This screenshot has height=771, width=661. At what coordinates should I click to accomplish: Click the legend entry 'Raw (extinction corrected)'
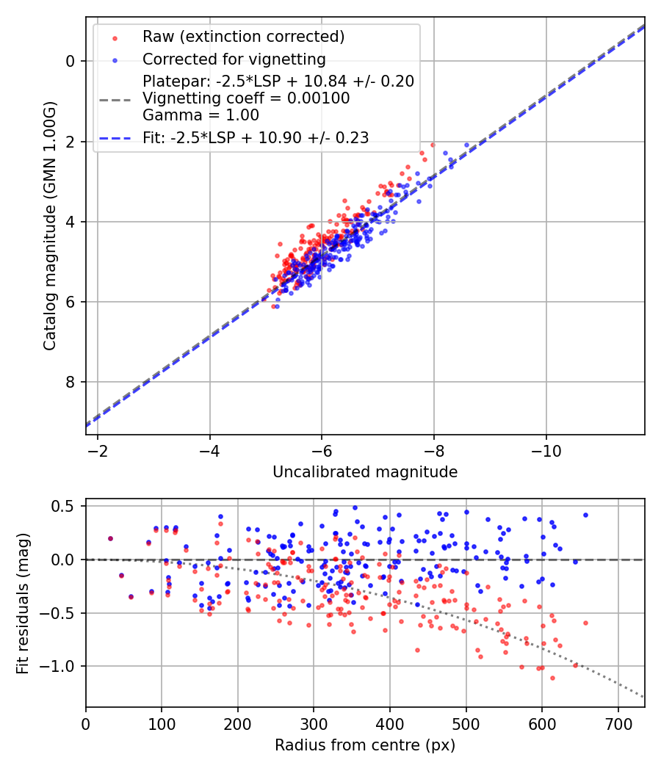pyautogui.click(x=243, y=37)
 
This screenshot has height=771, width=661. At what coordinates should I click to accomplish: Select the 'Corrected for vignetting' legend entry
pyautogui.click(x=234, y=59)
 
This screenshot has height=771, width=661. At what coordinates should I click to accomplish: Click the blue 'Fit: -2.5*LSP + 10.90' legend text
pyautogui.click(x=256, y=137)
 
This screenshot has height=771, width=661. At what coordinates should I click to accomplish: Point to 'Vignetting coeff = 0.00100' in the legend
pyautogui.click(x=246, y=98)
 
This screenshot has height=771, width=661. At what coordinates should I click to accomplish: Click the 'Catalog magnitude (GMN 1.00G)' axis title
pyautogui.click(x=49, y=225)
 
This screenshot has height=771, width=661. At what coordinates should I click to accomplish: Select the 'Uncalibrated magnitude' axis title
pyautogui.click(x=365, y=472)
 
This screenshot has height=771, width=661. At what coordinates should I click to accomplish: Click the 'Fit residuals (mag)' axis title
pyautogui.click(x=22, y=603)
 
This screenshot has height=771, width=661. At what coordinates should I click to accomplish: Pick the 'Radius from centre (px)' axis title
pyautogui.click(x=365, y=745)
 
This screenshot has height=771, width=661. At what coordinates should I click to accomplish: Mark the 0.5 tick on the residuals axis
pyautogui.click(x=67, y=506)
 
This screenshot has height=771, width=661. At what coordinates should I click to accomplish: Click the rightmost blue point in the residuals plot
pyautogui.click(x=585, y=515)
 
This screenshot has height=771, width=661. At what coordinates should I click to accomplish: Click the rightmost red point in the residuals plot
pyautogui.click(x=585, y=623)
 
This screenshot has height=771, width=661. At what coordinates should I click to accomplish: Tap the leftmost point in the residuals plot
pyautogui.click(x=110, y=538)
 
